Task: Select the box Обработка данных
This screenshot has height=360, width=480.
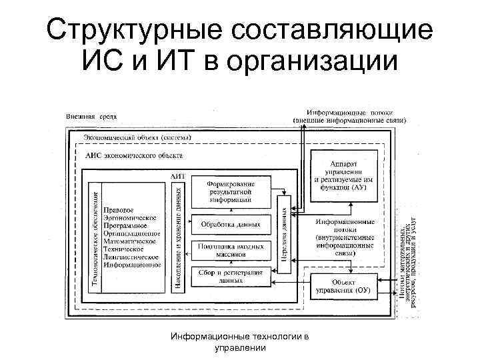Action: click(x=231, y=224)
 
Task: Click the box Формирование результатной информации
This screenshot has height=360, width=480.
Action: click(x=231, y=191)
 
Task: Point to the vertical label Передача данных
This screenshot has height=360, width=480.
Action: click(x=284, y=229)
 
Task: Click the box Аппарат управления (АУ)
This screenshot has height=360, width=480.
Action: click(x=345, y=175)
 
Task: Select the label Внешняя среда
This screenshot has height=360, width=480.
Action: click(x=91, y=117)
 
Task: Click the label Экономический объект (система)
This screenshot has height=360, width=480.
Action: click(x=138, y=137)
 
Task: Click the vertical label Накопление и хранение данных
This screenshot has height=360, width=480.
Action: click(x=178, y=236)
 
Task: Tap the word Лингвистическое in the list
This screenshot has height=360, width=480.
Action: click(x=131, y=256)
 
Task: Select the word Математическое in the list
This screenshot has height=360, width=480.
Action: click(x=131, y=241)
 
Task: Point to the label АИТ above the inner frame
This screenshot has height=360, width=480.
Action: click(x=178, y=175)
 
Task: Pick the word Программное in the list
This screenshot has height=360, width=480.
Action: click(x=128, y=225)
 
